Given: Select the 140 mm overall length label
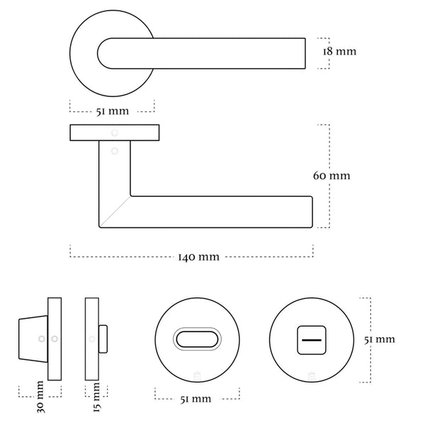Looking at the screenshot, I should point(198,256).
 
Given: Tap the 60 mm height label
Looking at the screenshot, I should point(331,175).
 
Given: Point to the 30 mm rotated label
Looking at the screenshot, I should point(40,398).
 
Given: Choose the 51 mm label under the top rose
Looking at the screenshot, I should point(113,110).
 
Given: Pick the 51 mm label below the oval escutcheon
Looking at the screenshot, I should point(196,399).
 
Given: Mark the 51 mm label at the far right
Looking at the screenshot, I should point(380,340).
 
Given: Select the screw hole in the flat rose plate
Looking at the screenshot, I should point(114,132).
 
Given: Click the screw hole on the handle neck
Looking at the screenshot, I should point(114,150).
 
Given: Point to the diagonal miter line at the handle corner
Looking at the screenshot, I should point(114,212).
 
